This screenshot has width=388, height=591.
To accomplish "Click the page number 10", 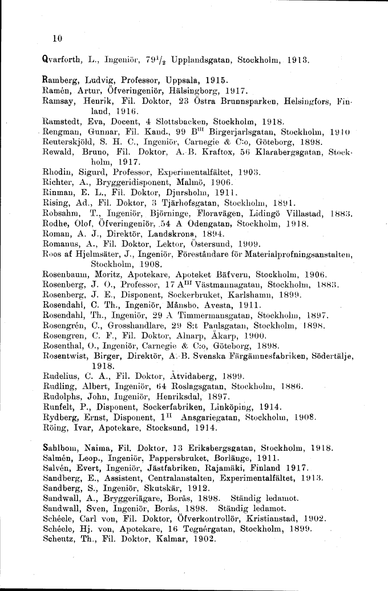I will pyautogui.click(x=56, y=39).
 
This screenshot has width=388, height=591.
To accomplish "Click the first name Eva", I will pyautogui.click(x=95, y=122).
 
